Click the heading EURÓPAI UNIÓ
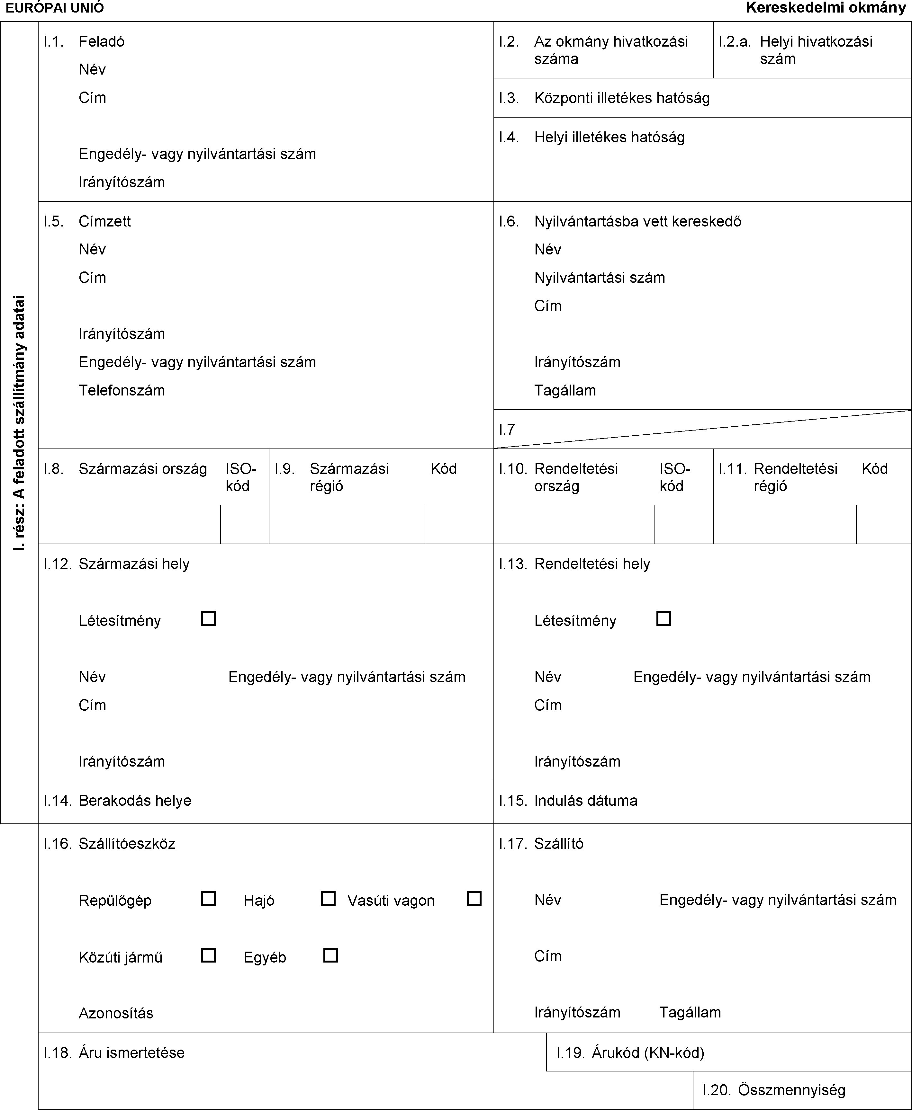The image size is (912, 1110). (55, 8)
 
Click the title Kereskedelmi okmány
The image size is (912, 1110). (826, 8)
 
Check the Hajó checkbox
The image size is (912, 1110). (328, 898)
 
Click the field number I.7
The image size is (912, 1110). (507, 430)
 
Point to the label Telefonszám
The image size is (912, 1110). (122, 390)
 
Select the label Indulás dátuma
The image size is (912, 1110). (586, 800)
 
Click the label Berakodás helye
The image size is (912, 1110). (135, 800)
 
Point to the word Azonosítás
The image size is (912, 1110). (116, 1013)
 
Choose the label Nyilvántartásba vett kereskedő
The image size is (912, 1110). (638, 221)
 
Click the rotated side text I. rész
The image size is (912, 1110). (20, 530)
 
